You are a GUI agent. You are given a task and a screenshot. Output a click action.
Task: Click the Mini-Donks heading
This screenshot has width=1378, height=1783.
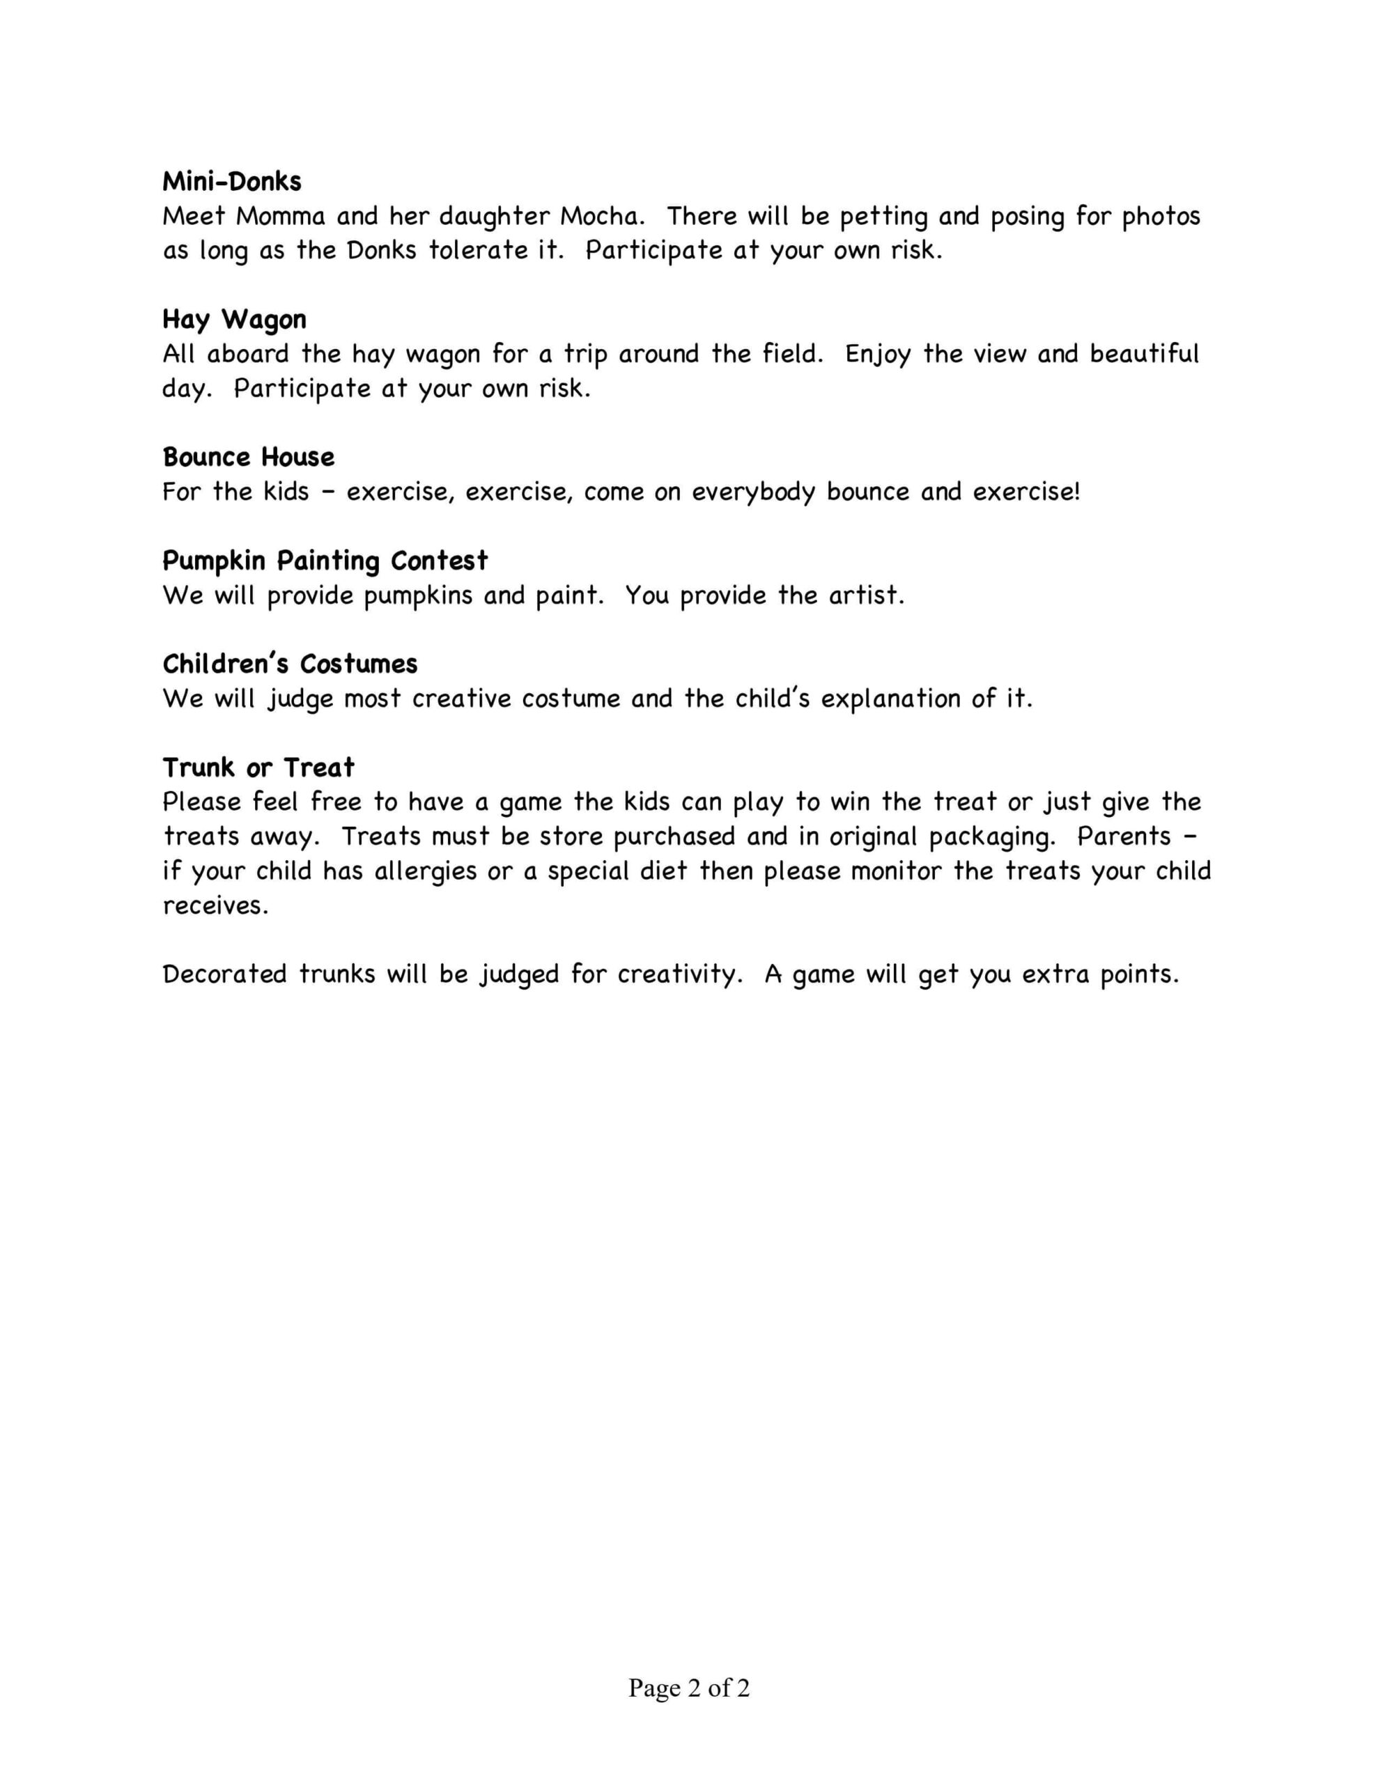(x=232, y=181)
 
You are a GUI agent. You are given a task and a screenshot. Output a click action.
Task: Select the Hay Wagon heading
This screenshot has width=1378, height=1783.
(x=235, y=319)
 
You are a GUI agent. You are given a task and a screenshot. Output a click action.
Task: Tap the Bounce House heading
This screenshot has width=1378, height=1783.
(x=248, y=457)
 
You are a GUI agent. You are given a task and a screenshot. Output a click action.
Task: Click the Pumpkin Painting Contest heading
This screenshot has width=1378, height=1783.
(x=325, y=561)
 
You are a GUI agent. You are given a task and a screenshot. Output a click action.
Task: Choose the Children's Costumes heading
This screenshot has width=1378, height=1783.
(x=290, y=664)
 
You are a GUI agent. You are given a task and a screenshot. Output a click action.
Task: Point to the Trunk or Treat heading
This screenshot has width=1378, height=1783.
(x=258, y=768)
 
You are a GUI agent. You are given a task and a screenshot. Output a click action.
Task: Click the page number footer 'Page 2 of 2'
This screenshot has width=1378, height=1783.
(x=688, y=1688)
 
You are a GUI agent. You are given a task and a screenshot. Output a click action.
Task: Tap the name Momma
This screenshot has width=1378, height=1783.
(x=280, y=217)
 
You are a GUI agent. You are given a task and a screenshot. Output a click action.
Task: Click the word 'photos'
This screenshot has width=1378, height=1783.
(x=1160, y=217)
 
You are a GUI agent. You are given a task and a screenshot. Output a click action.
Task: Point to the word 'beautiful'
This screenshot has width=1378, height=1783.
(x=1143, y=355)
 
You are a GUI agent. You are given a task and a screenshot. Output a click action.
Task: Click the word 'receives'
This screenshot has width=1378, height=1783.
(x=215, y=906)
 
